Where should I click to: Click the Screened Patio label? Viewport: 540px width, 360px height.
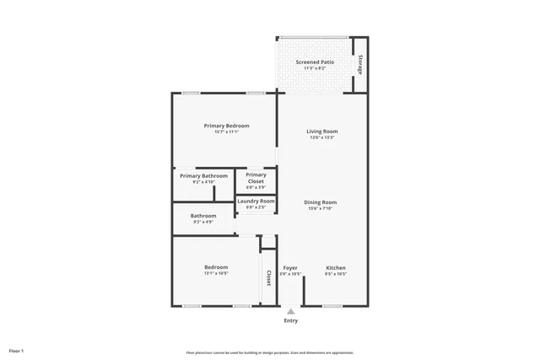click(x=312, y=62)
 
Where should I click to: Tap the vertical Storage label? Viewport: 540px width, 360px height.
click(x=360, y=65)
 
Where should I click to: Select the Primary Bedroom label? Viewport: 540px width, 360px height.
click(x=226, y=126)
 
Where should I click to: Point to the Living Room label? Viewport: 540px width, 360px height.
click(x=321, y=132)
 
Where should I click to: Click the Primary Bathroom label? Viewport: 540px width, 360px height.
click(x=203, y=175)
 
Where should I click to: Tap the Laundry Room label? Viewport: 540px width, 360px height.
click(x=256, y=201)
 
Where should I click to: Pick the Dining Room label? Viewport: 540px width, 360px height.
click(x=321, y=202)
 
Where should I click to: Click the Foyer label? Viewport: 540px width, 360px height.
click(x=290, y=268)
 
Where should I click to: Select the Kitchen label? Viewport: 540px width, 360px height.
click(x=336, y=268)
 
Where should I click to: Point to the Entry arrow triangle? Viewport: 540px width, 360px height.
click(x=291, y=311)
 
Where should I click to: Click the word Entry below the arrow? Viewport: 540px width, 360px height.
click(x=291, y=320)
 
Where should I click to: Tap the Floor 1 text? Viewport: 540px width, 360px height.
click(x=17, y=350)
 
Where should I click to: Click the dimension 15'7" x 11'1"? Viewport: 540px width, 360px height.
click(x=226, y=132)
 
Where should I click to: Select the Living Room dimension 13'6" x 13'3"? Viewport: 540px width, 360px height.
click(x=321, y=137)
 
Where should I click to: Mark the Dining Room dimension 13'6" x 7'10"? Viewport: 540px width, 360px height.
click(x=321, y=208)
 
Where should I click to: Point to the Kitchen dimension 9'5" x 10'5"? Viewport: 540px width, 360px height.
click(x=336, y=274)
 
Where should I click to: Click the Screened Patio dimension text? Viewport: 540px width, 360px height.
click(x=312, y=68)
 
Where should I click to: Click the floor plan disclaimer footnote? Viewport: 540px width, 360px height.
click(x=270, y=352)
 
